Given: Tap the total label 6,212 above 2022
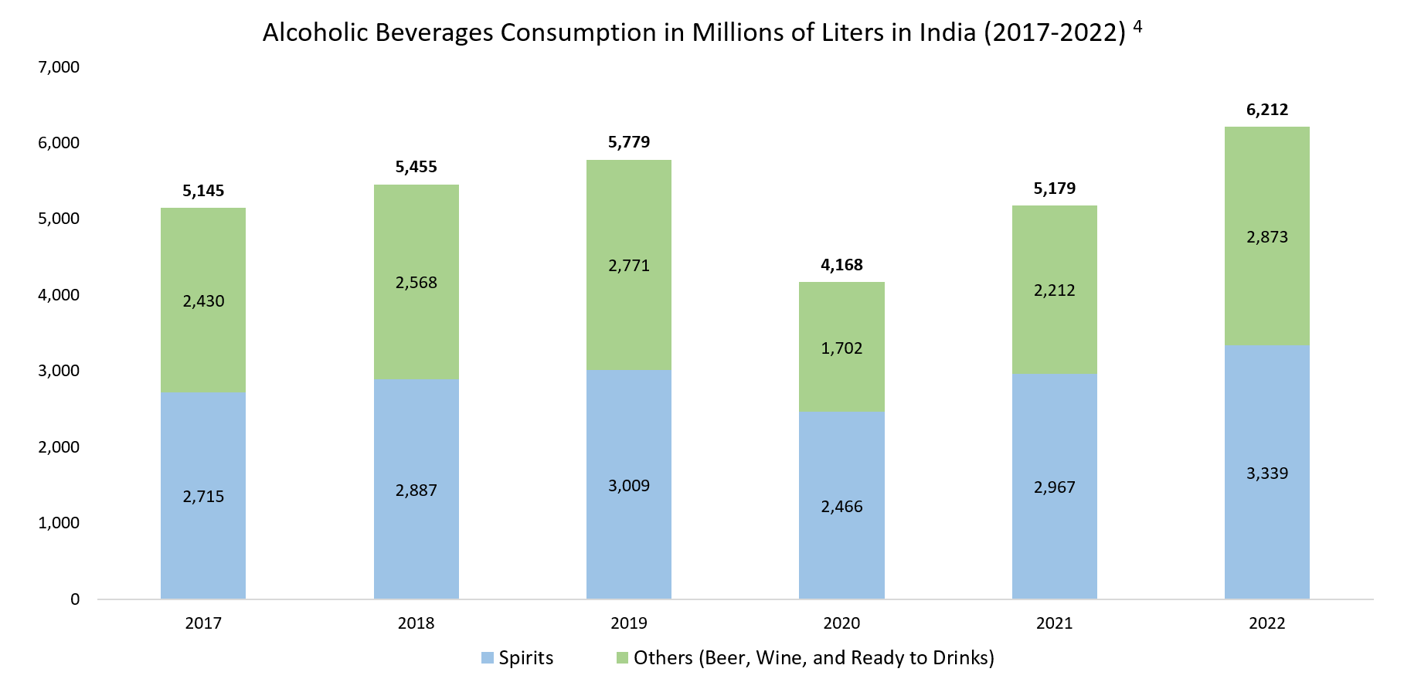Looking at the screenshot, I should [1267, 110].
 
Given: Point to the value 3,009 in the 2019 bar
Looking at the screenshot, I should [629, 486].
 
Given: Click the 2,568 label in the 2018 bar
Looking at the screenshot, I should [416, 283].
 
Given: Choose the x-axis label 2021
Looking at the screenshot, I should [1055, 623].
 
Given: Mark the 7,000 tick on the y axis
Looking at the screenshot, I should [59, 67].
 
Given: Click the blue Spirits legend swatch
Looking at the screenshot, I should [487, 658].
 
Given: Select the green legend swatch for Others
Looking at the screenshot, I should [622, 658].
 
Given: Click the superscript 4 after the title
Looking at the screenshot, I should [1137, 26].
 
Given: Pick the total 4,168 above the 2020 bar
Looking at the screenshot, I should [841, 265].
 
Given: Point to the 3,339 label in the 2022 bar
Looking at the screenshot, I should [1267, 473].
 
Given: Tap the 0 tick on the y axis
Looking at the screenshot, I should [75, 599].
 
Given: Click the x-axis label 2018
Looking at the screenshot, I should [416, 623].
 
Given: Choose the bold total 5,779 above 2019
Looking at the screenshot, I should [629, 142].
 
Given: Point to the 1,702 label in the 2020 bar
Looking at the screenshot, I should [841, 348].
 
